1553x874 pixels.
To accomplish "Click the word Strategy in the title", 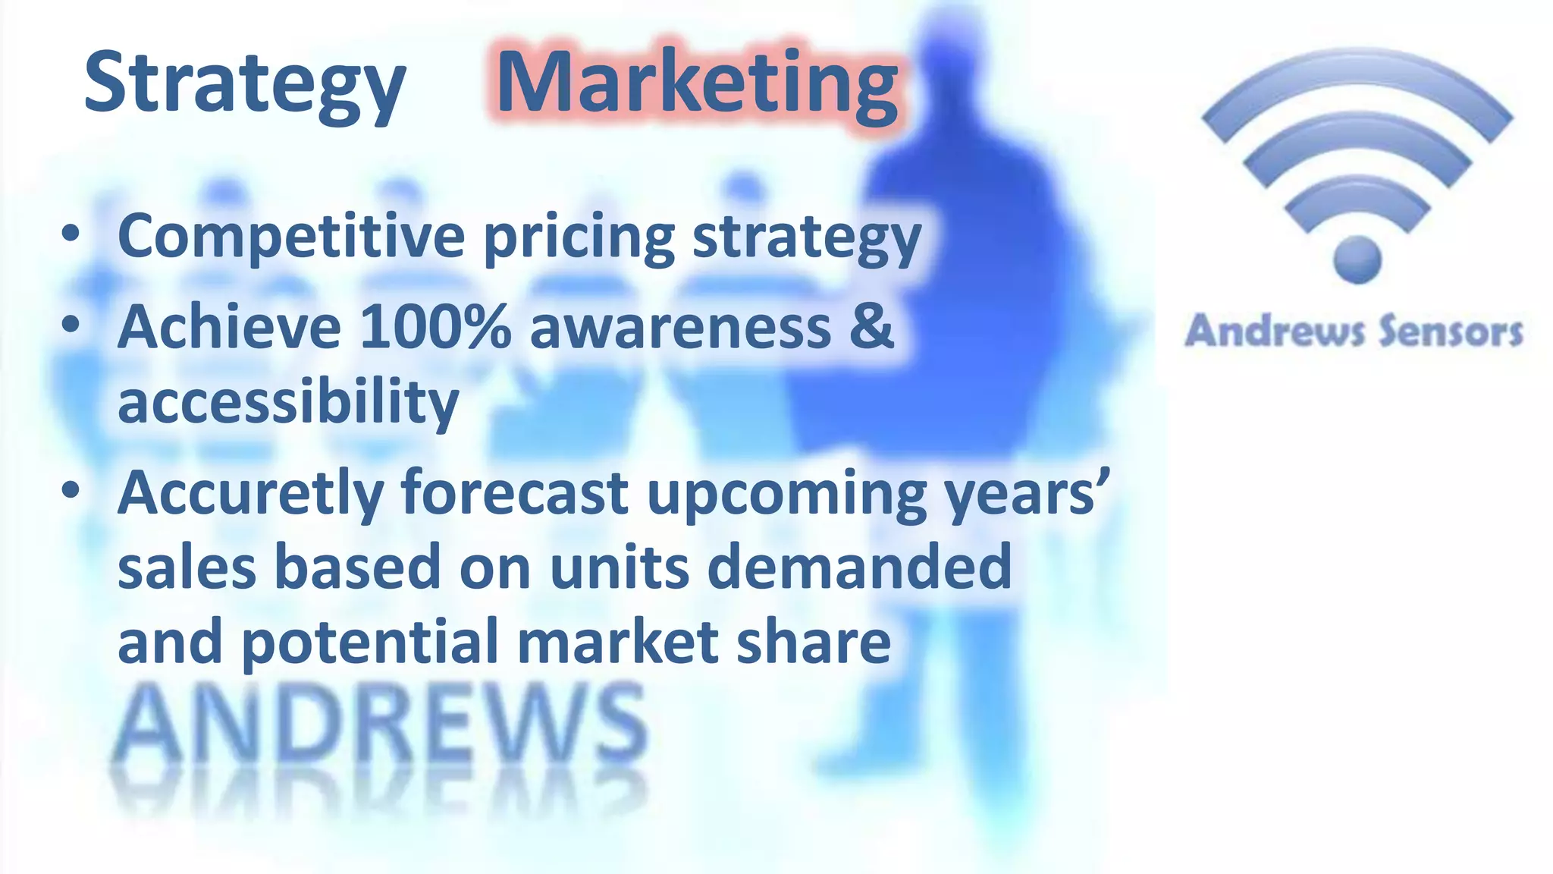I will pos(244,83).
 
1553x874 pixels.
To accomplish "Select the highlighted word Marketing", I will pos(696,83).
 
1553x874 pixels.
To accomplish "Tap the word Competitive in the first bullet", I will pos(291,237).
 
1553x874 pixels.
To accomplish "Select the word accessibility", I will pos(288,401).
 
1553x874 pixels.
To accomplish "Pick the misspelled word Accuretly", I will pos(250,494).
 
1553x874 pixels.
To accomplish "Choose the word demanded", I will pos(859,567).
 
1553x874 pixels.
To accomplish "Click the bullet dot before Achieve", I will pos(71,325).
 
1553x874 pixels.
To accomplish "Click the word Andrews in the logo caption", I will pos(1274,332).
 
